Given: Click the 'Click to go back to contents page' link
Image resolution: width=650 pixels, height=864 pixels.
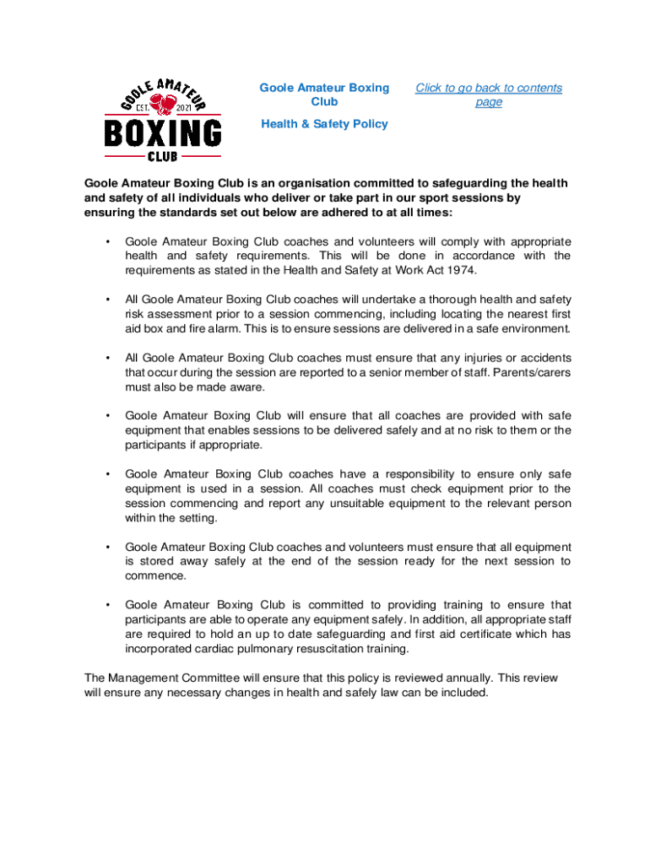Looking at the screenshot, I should [x=489, y=94].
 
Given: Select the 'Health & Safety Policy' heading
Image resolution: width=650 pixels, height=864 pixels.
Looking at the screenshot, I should [x=324, y=124].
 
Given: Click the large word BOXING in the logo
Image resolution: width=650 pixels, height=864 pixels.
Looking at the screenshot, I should [x=163, y=133].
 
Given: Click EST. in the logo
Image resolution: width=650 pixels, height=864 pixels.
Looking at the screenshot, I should [x=138, y=107].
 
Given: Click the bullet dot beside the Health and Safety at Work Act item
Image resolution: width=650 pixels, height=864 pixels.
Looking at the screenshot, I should [x=107, y=241].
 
